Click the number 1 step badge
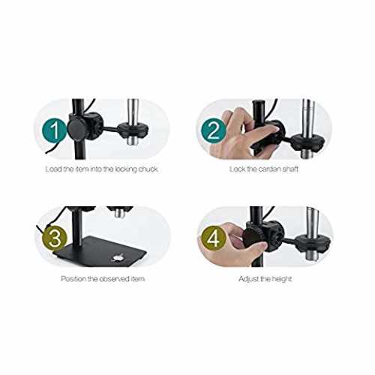55,130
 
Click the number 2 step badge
214,130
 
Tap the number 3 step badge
55,238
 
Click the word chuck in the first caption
148,169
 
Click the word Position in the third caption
73,278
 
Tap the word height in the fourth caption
281,279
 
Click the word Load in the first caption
53,169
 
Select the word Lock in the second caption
237,169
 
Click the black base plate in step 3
100,251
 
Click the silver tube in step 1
133,122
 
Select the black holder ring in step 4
313,243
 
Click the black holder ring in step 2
309,142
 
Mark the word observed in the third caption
115,278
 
